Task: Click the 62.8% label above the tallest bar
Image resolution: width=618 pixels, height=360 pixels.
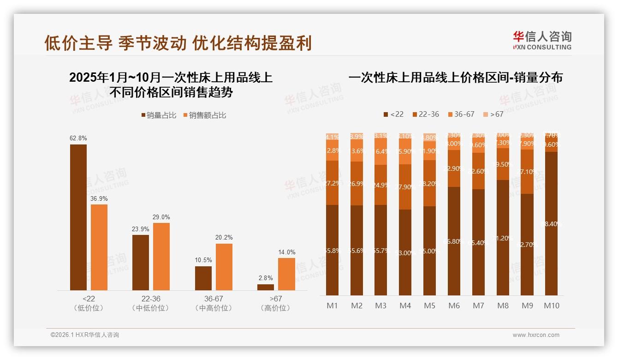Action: [x=78, y=138]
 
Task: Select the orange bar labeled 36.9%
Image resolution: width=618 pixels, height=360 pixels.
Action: [x=99, y=247]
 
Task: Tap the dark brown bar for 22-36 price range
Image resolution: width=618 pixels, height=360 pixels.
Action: [x=141, y=262]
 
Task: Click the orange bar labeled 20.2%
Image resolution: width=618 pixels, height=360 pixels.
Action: [x=224, y=267]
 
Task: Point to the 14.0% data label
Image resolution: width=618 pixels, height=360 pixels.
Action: [x=286, y=252]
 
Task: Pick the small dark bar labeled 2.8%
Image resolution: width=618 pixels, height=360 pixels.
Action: [x=266, y=287]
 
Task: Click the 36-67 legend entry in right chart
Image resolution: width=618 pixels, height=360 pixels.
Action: [x=461, y=114]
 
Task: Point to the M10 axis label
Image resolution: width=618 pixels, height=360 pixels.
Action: [x=551, y=306]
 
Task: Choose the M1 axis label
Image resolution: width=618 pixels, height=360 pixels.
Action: [x=332, y=306]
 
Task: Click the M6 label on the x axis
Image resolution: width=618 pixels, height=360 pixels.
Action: [x=454, y=306]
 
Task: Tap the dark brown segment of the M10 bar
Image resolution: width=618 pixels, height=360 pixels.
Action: [x=551, y=224]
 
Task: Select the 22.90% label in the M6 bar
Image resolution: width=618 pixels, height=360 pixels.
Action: [x=454, y=168]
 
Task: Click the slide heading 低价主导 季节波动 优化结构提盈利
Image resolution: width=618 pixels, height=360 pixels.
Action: [x=178, y=43]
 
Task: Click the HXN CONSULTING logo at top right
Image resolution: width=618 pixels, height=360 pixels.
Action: [x=542, y=41]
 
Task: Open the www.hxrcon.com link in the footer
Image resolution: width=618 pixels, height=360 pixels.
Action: [x=536, y=335]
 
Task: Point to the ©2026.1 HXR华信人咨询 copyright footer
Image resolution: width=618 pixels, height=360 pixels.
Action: [x=85, y=335]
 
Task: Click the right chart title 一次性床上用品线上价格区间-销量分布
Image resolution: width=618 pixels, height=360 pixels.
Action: [x=455, y=78]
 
